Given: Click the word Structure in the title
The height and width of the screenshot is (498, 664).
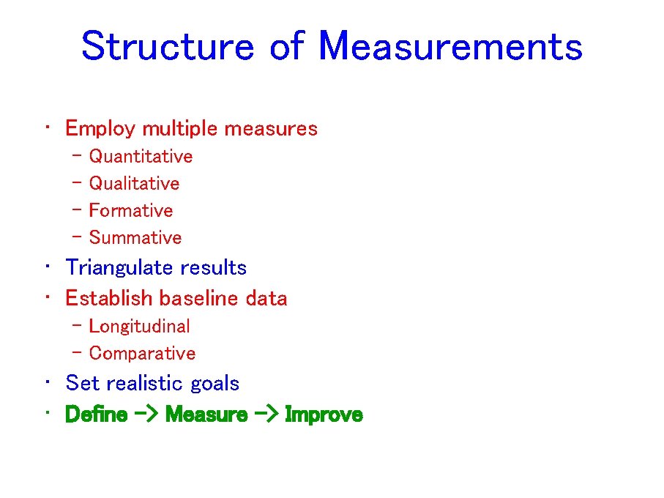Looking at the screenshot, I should click(x=167, y=46).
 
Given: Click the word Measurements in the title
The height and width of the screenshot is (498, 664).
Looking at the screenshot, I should click(x=450, y=46).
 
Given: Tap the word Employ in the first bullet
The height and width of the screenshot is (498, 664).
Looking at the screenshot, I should click(x=100, y=129).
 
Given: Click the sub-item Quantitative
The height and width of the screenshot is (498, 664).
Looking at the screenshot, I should click(x=141, y=157).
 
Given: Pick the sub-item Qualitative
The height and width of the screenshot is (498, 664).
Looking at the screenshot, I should click(x=134, y=184).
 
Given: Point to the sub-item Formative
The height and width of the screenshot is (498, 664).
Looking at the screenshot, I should click(x=131, y=211).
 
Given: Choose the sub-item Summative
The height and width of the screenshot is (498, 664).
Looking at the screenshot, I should click(x=135, y=238).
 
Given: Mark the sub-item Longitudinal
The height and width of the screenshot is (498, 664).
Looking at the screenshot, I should click(x=139, y=327).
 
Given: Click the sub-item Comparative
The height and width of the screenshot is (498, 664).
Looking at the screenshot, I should click(x=142, y=354).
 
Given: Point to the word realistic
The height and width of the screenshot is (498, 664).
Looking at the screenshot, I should click(x=146, y=384).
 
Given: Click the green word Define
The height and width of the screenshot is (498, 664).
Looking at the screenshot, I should click(x=96, y=415).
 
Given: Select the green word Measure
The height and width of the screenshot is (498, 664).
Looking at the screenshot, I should click(x=207, y=415).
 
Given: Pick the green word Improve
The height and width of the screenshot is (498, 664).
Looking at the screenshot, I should click(x=324, y=415).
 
